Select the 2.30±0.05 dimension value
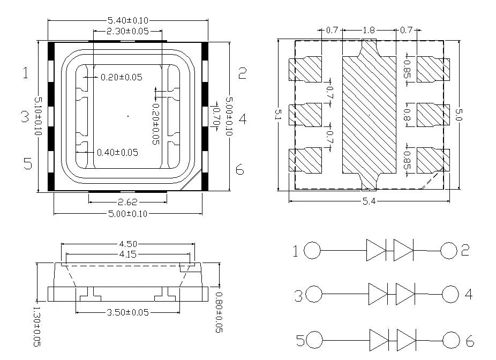coord(127,32)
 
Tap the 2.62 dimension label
coord(127,202)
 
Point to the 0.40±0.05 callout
coord(117,153)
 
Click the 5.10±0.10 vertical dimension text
coord(38,116)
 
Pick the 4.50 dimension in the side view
coord(127,245)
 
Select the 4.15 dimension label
coord(127,254)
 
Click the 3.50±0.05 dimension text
coord(127,312)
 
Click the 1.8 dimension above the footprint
coord(369,31)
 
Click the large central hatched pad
coord(369,115)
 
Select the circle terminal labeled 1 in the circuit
coord(312,250)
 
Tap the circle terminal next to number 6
coord(452,340)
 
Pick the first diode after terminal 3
coord(378,294)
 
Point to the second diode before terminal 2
coord(403,250)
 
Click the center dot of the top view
coord(127,116)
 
